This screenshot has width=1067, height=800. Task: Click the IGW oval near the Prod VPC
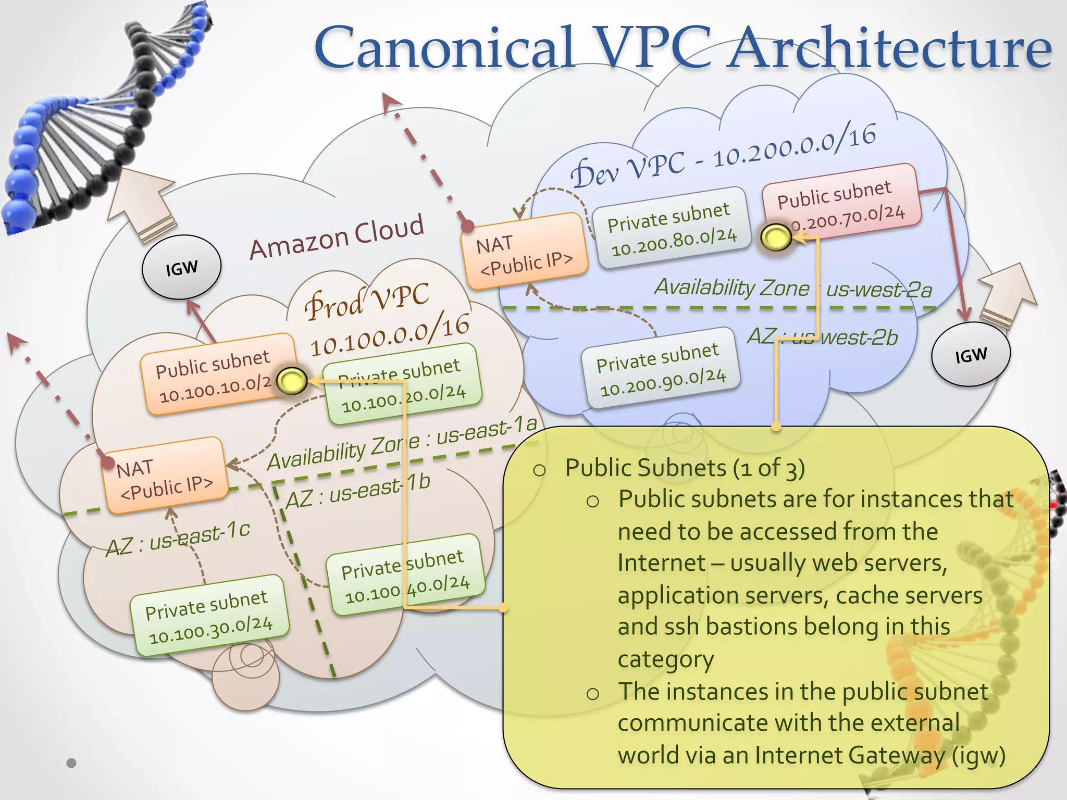181,268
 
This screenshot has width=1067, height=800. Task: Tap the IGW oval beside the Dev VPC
971,355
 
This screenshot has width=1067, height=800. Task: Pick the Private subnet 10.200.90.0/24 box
661,369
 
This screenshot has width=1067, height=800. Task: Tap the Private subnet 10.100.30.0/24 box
209,615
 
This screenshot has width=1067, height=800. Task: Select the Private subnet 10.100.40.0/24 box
405,574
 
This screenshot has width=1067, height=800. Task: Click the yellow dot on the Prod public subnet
291,381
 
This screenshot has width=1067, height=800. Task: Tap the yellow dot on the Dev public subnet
776,238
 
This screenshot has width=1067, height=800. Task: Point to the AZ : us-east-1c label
178,539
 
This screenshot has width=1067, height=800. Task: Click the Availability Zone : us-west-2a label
792,289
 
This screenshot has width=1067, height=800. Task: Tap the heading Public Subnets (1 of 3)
685,468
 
